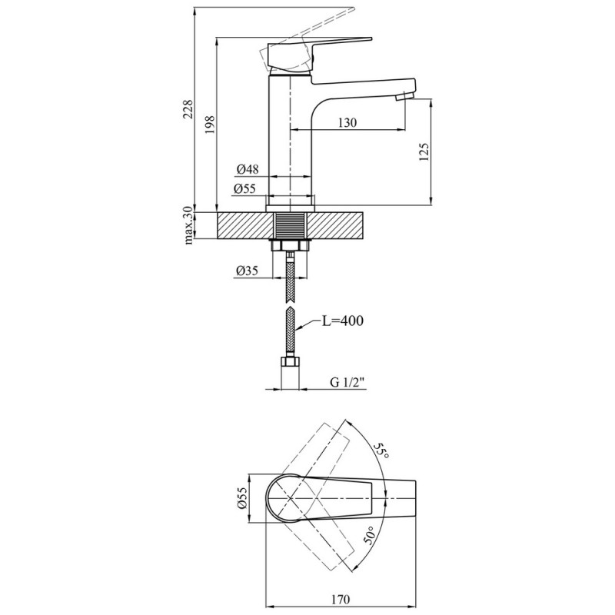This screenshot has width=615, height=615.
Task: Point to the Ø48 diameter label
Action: [x=247, y=168]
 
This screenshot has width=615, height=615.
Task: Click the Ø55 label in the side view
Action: [x=247, y=187]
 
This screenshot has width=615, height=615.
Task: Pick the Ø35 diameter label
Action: [x=247, y=271]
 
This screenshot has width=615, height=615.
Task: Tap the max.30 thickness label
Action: [x=188, y=225]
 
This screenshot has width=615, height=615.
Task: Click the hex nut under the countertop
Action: [x=291, y=245]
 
